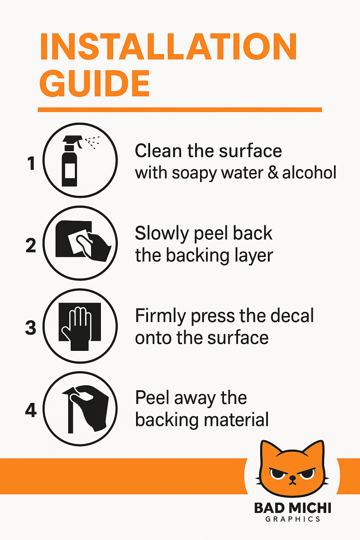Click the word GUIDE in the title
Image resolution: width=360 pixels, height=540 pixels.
point(95,83)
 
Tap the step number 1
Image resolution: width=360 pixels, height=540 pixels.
point(31,163)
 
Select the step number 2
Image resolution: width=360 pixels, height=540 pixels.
point(31,245)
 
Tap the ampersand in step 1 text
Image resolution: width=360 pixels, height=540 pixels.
point(273,173)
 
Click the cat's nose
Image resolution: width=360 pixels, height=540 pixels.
point(292,477)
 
